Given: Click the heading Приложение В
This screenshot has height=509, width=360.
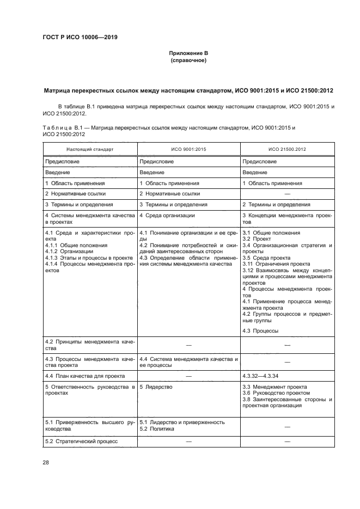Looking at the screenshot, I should click(x=188, y=53).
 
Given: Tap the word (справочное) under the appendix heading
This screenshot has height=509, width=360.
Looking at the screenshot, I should click(x=188, y=60).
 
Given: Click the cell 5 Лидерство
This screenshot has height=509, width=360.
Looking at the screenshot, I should click(x=156, y=387).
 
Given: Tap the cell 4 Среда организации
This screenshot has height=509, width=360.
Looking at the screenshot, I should click(x=167, y=216).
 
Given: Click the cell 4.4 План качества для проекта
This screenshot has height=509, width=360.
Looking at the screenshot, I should click(x=84, y=376).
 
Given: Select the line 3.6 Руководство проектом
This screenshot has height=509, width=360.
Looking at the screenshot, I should click(x=276, y=393).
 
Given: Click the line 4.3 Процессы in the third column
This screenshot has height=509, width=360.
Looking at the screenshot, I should click(x=260, y=330).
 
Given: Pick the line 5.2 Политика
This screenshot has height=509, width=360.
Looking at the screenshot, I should click(x=157, y=428).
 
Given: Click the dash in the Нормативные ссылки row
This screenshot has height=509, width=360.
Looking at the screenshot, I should click(x=287, y=194).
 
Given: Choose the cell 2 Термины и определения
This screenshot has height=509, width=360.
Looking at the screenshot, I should click(x=276, y=205).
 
